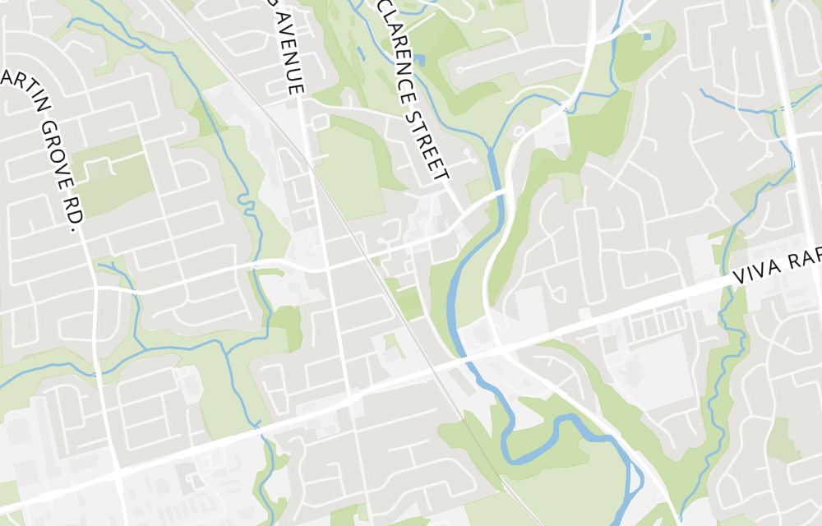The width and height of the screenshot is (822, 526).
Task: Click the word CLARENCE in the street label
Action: [398, 49]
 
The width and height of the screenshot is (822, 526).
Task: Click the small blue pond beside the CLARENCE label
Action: [420, 60]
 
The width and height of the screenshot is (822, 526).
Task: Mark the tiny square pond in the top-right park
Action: [647, 36]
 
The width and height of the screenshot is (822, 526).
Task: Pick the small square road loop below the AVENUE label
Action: [320, 122]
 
